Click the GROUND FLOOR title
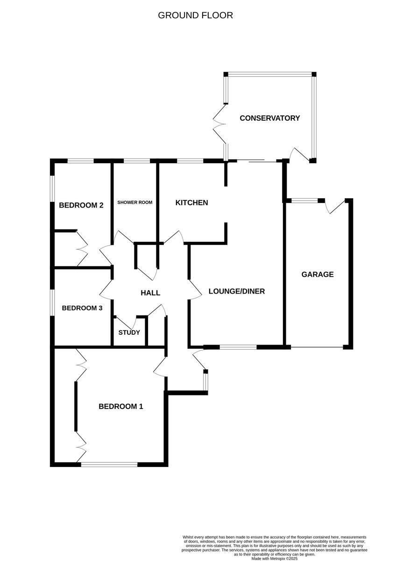click(195, 15)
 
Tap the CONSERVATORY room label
click(269, 118)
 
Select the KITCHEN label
click(191, 203)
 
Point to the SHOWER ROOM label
click(135, 202)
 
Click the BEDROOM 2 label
click(81, 205)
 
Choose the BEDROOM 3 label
click(82, 308)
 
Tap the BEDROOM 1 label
click(120, 407)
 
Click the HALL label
click(150, 293)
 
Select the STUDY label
click(129, 333)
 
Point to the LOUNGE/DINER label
click(236, 291)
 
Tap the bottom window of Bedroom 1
click(109, 464)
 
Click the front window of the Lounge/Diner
click(238, 347)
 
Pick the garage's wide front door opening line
click(317, 347)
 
